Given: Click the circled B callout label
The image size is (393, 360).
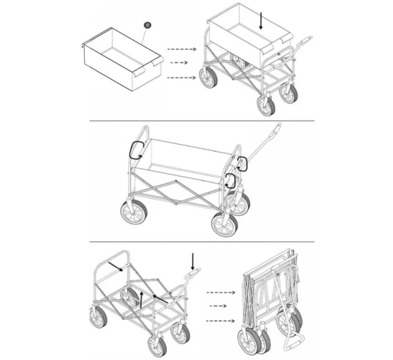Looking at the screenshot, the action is pos(148,25).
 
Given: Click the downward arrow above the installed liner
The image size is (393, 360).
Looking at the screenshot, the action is pos(261,21).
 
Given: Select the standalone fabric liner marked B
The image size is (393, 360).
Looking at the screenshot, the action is pos(123,59).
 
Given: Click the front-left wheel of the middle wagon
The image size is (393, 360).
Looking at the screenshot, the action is pos(134,211).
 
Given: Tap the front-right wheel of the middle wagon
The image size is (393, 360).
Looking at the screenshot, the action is pos(225,224).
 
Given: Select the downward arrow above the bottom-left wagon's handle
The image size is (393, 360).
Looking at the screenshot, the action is pos(193,261).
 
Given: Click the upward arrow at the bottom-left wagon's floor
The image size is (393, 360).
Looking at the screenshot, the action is pos(141,299).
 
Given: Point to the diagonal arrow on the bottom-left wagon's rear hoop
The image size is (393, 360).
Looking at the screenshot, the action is pos(116,266).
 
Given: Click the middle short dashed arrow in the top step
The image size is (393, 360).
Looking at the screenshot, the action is pos(179,63).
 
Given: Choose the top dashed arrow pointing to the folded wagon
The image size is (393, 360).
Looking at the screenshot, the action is pos(221,292).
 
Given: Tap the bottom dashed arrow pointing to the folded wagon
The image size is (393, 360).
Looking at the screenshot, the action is pos(221,321).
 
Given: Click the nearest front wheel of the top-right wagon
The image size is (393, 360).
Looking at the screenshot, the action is pos(266,106).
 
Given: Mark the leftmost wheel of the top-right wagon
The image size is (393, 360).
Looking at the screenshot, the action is pos(208,77).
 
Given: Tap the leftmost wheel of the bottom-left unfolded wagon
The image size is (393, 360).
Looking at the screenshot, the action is pos(98,318).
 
